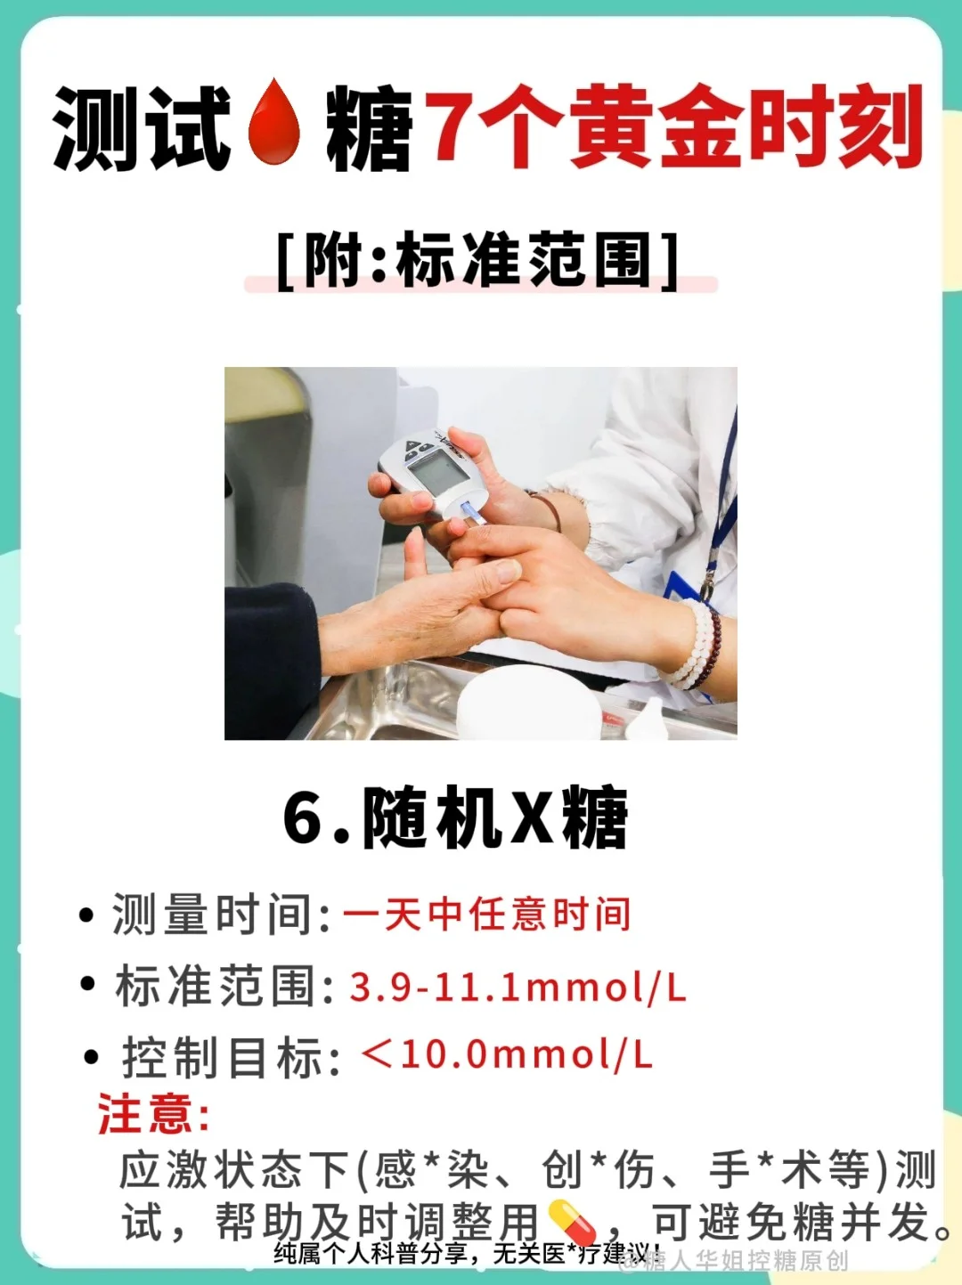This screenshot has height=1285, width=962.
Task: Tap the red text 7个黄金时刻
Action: point(674,126)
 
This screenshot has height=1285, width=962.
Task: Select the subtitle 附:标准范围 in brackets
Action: point(477,261)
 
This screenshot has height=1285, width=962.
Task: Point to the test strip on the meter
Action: point(472,512)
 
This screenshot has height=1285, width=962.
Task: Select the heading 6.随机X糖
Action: point(455,817)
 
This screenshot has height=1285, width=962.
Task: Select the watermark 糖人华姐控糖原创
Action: point(734,1261)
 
